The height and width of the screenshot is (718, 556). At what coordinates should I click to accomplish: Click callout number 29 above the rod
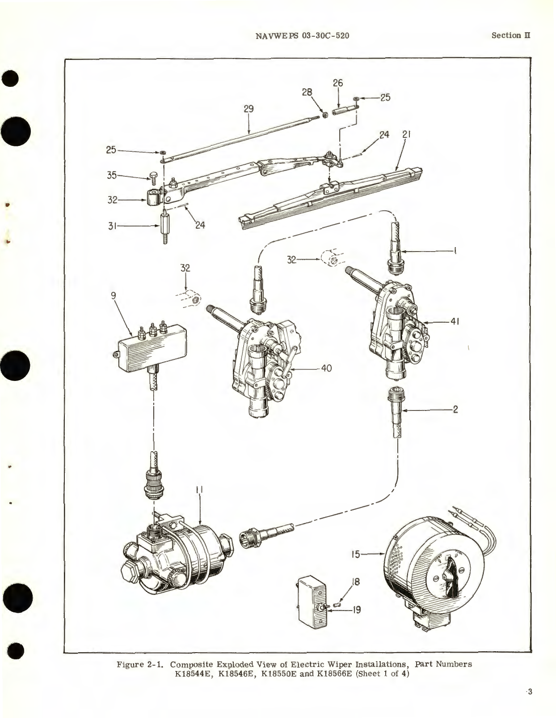(249, 109)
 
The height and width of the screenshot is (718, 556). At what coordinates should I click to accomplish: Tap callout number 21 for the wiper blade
(406, 134)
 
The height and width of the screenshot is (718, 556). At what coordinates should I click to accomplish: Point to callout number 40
(326, 369)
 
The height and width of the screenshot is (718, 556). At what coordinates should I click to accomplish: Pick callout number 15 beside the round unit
(355, 555)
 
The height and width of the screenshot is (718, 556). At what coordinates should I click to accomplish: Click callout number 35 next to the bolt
(112, 175)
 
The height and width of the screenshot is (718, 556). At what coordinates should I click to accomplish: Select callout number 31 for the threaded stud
(112, 227)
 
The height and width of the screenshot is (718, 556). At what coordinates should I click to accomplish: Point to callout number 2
(455, 409)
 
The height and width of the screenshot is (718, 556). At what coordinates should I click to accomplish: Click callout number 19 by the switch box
(356, 610)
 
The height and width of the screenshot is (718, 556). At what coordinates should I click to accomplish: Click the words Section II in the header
(510, 35)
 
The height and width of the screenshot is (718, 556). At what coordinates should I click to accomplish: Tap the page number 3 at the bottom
(530, 692)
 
